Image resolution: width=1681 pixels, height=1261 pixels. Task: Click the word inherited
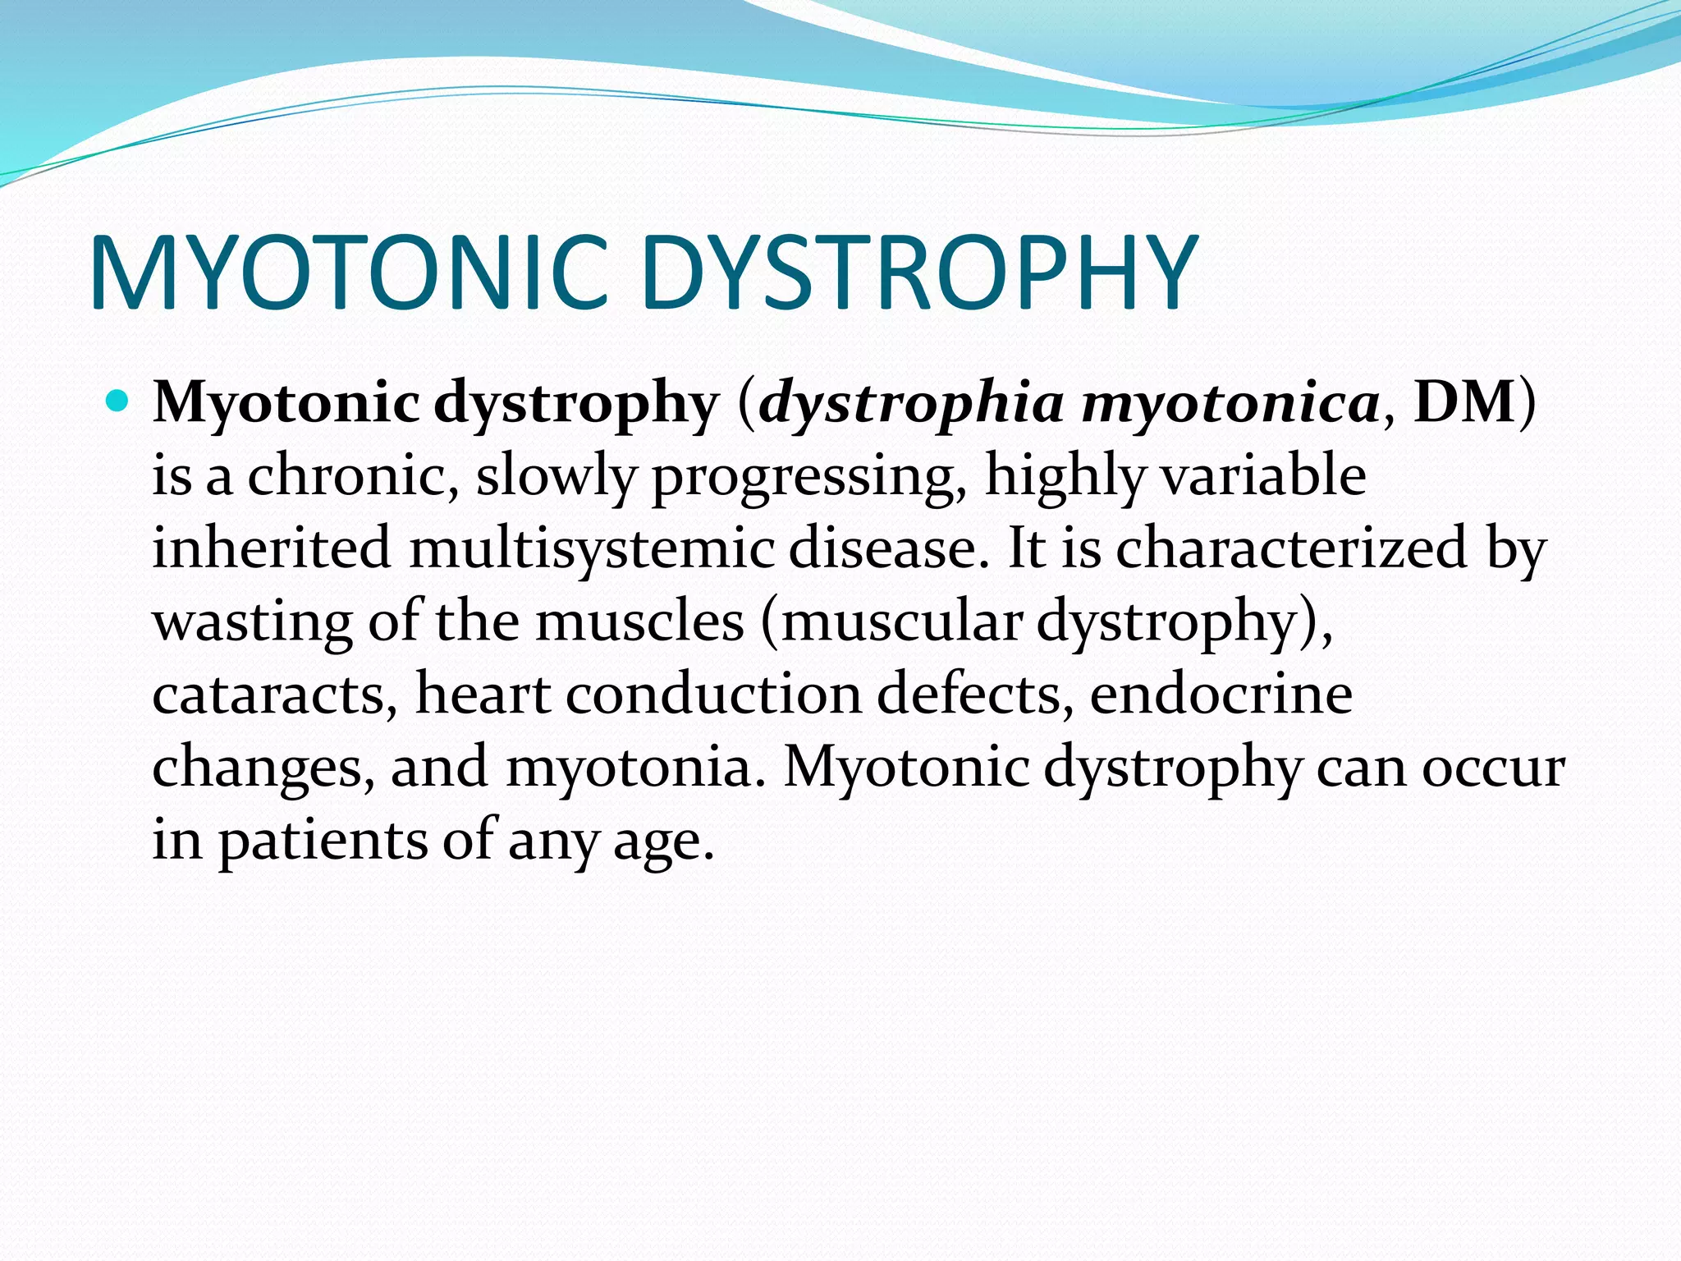click(272, 548)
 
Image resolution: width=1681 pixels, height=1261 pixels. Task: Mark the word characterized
click(1291, 548)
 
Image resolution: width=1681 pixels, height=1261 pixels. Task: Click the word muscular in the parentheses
click(901, 621)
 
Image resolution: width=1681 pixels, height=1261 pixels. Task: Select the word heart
click(483, 695)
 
